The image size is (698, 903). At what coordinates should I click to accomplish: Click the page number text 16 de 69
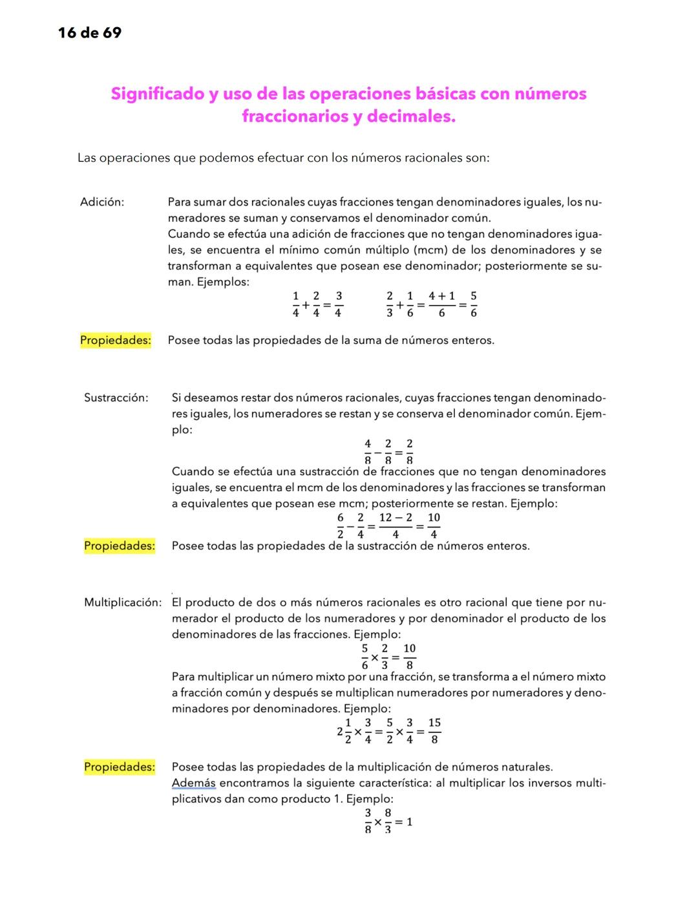click(x=90, y=33)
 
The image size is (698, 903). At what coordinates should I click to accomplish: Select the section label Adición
click(x=102, y=202)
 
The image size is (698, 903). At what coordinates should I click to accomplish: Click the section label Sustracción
click(x=116, y=398)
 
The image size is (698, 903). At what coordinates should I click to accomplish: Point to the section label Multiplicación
click(x=123, y=603)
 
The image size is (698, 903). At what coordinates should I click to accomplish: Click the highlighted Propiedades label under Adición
click(x=116, y=341)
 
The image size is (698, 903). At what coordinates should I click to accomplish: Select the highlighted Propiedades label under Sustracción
click(x=120, y=546)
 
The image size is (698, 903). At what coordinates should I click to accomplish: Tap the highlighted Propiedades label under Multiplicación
click(x=120, y=767)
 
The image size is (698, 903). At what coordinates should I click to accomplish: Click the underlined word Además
click(x=194, y=783)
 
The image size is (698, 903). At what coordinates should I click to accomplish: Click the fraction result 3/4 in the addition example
click(x=339, y=304)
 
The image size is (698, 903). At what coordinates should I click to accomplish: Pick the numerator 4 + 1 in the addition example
click(x=441, y=296)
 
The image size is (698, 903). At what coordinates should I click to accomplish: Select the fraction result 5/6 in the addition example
click(x=474, y=304)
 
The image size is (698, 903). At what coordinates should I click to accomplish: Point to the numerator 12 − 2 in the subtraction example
click(x=396, y=518)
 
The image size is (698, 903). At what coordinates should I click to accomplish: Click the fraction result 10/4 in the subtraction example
click(x=434, y=526)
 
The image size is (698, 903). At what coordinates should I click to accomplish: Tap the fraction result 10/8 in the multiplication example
click(x=410, y=656)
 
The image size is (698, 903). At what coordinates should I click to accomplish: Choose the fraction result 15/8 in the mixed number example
click(x=434, y=731)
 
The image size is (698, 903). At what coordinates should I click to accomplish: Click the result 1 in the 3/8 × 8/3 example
click(x=409, y=822)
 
